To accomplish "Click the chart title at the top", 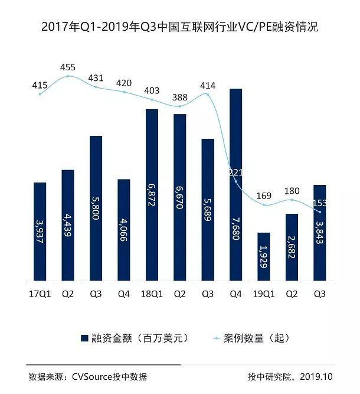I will (x=180, y=27).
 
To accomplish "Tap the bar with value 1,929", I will (x=264, y=258).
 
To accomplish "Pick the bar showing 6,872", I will (x=152, y=195).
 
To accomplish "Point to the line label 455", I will (x=68, y=67).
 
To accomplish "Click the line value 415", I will (x=40, y=86).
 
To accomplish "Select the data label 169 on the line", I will (x=264, y=196).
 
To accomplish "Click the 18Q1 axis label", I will (x=152, y=292).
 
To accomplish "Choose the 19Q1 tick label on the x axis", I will (x=264, y=292).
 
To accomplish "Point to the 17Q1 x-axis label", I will (x=40, y=292).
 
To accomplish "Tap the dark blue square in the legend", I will (x=84, y=338).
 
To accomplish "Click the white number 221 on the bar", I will (x=236, y=172).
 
